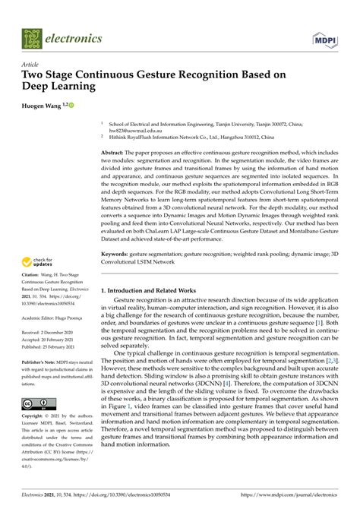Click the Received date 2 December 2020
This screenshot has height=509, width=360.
click(45, 331)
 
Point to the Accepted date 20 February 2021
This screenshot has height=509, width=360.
click(46, 339)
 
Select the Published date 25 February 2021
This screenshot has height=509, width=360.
click(46, 346)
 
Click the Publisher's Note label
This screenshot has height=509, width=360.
click(38, 362)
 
